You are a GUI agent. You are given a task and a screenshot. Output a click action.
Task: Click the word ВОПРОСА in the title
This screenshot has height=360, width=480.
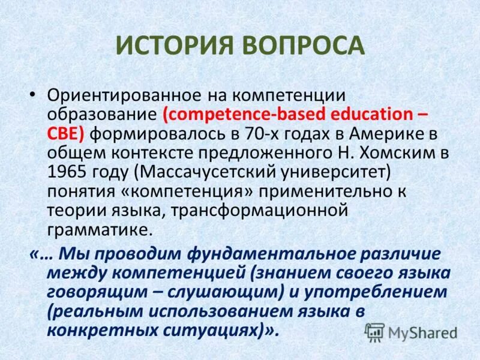click(x=305, y=47)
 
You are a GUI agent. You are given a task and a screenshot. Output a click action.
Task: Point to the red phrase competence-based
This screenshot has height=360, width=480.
click(x=231, y=115)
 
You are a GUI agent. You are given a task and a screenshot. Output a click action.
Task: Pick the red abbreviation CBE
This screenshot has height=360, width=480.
click(x=66, y=133)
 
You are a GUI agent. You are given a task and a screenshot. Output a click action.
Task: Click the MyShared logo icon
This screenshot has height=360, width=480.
click(x=375, y=332)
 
